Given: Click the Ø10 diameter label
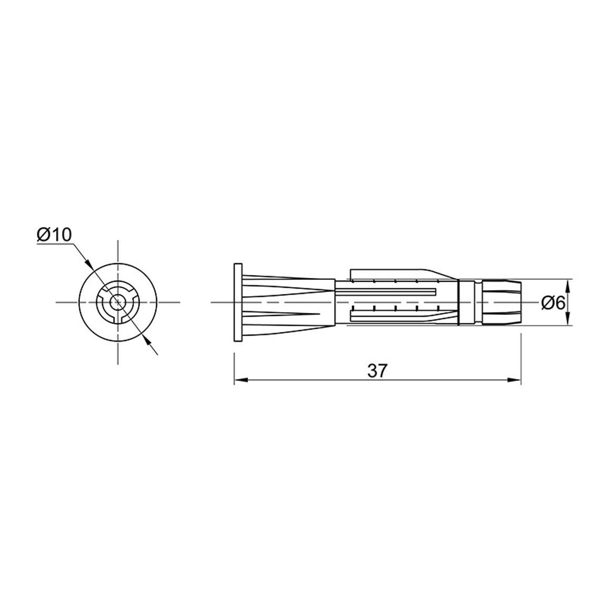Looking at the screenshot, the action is [55, 235].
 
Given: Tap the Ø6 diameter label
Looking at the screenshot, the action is [553, 303].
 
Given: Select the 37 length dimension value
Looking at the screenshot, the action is [377, 371].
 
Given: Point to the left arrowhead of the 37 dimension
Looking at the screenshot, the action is [241, 380].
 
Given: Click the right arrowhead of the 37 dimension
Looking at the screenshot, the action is [514, 380].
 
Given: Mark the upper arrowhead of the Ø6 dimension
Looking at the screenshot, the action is [568, 286].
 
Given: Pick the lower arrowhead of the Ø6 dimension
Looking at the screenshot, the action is [568, 319].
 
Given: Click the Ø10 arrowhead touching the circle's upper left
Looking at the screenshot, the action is [89, 264].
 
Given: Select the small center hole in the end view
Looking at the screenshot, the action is [117, 302].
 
